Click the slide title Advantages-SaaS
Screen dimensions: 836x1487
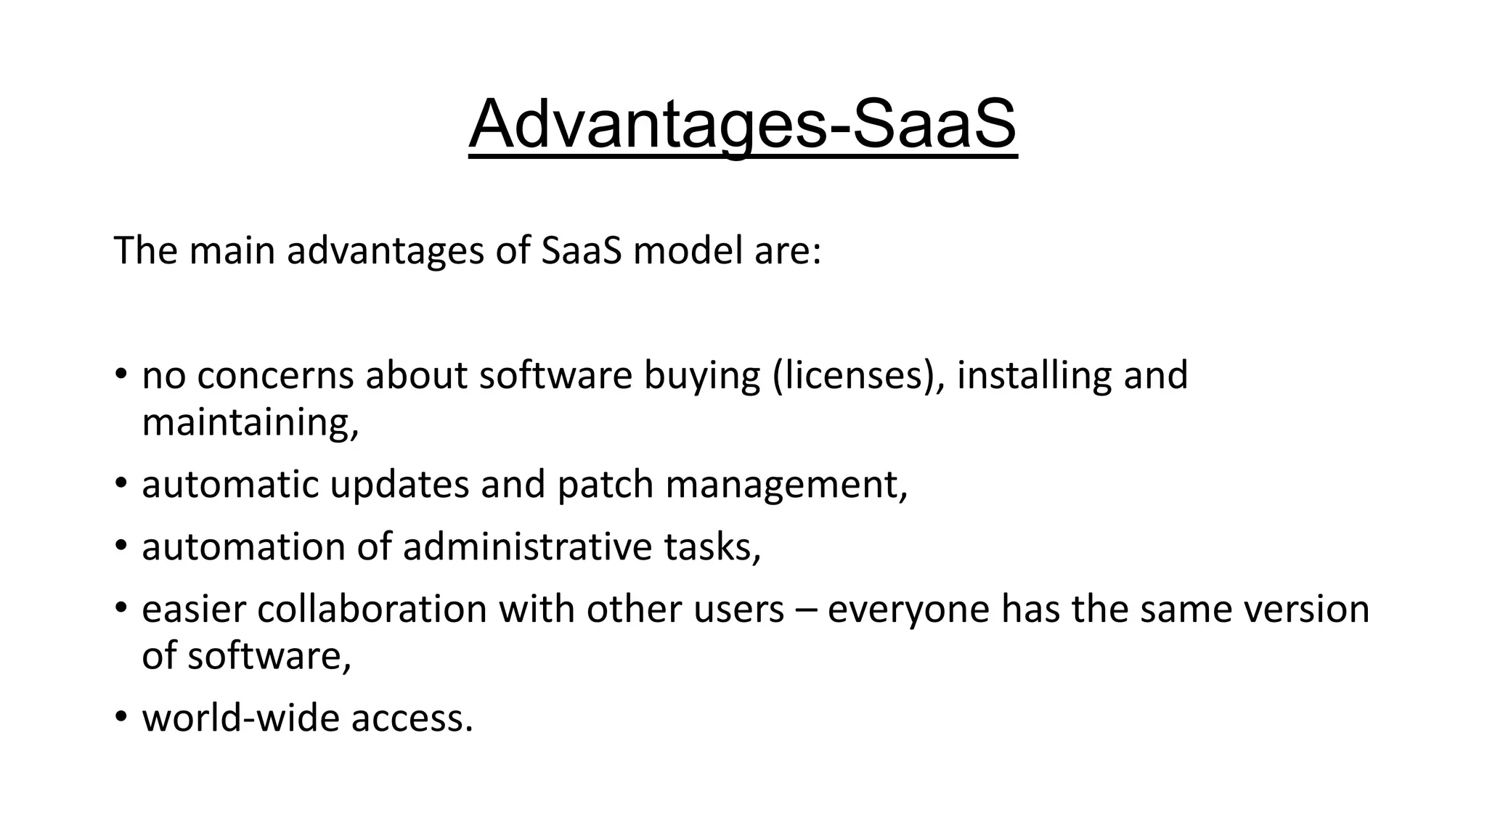coord(743,125)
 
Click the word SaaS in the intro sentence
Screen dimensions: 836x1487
coord(582,251)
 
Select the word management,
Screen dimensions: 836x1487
coord(787,485)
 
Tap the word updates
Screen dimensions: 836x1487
coord(399,485)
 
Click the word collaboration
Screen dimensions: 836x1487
coord(372,609)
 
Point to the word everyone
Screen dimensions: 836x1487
coord(908,609)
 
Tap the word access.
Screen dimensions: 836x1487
coord(412,718)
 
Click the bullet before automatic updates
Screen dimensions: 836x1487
coord(121,483)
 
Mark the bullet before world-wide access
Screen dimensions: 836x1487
coord(121,716)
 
